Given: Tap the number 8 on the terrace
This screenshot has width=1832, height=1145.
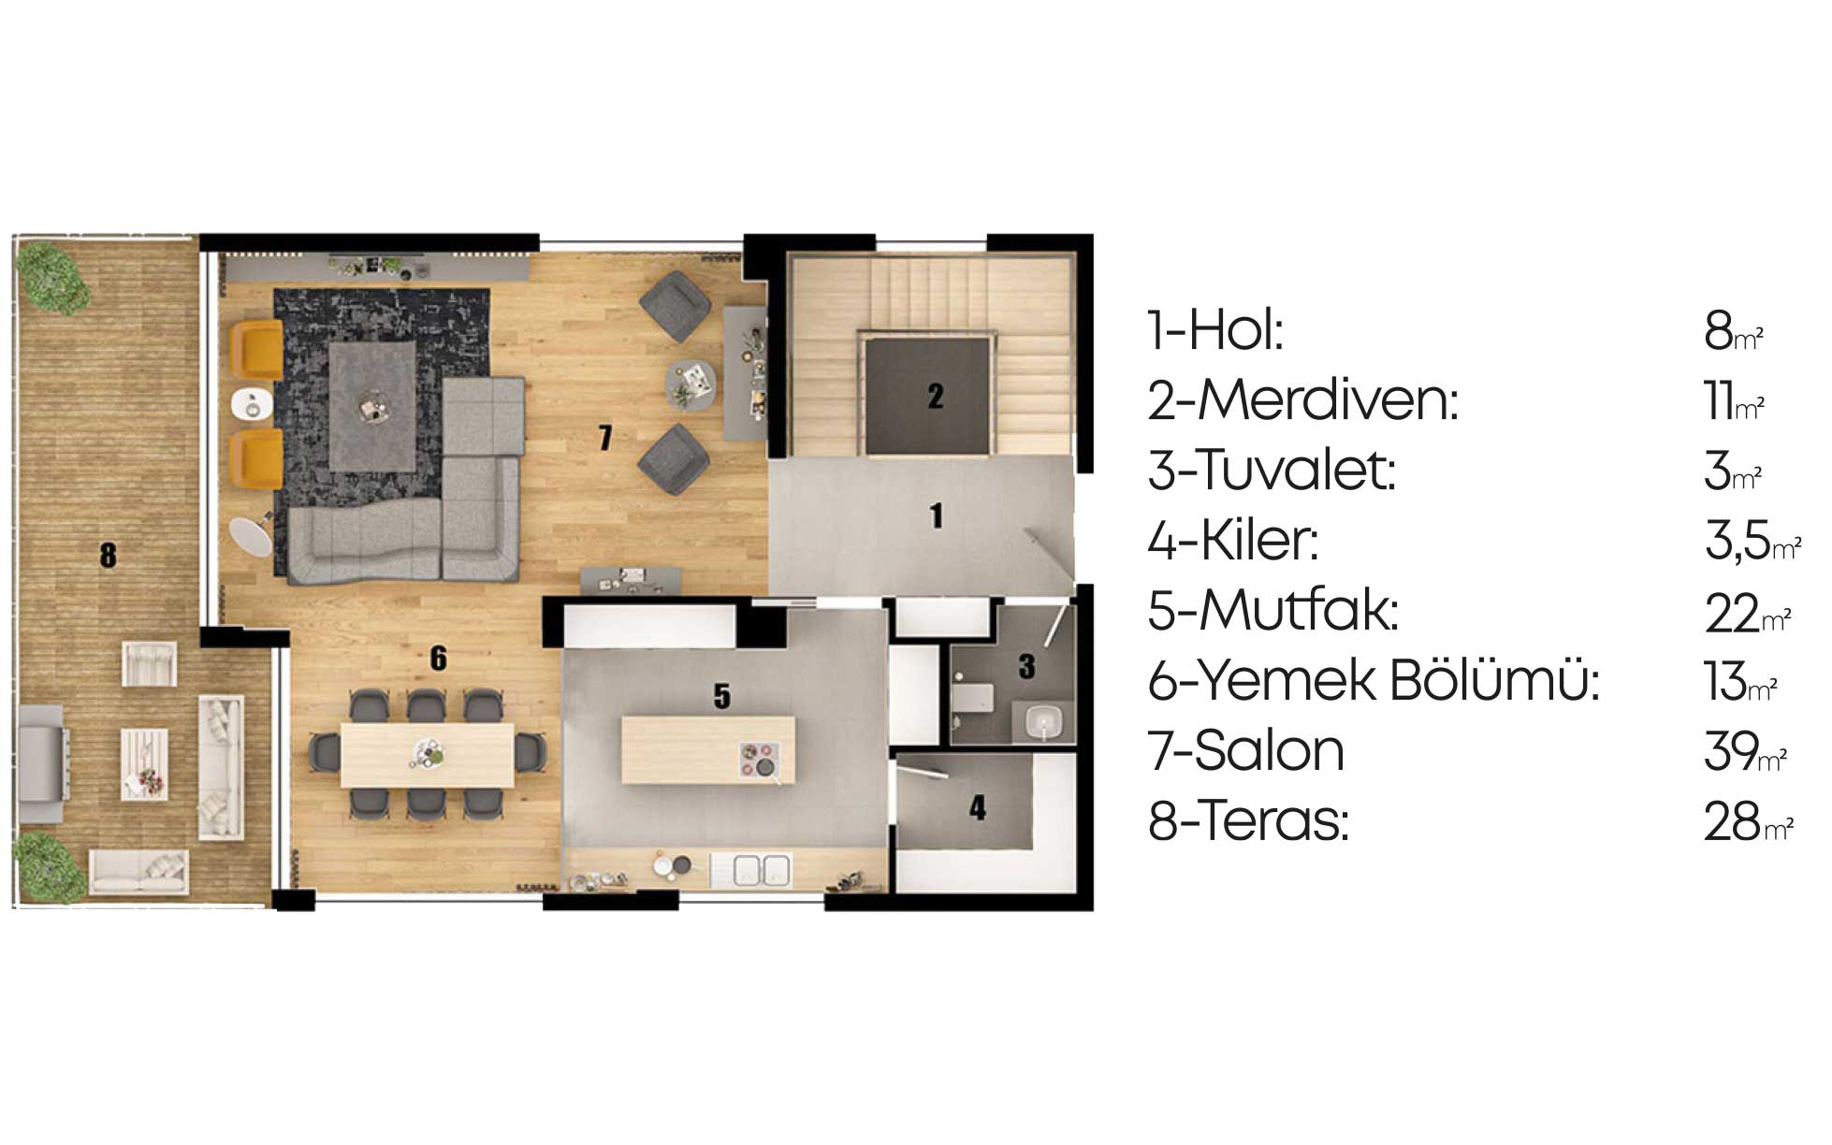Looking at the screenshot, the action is point(109,556).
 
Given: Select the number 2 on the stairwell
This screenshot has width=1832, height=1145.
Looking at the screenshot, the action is point(935,397).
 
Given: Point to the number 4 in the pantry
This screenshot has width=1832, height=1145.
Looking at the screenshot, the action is point(978,807).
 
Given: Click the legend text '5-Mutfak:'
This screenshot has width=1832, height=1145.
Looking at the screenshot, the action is point(1273,611).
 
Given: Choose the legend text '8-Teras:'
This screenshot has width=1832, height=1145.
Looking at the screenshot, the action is point(1248,821).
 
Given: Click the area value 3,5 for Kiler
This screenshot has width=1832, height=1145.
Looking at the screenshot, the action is point(1737,542).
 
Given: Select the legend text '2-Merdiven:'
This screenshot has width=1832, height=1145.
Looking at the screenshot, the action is point(1302,400).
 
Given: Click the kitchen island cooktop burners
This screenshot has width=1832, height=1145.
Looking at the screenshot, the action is point(759,759).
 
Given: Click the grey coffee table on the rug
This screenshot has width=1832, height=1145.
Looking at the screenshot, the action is point(372,406).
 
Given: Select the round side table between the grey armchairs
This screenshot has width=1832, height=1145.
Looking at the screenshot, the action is point(691,384).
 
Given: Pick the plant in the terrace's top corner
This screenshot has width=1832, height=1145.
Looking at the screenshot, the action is point(54,276).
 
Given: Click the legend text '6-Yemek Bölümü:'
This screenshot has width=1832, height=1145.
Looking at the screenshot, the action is point(1374,681).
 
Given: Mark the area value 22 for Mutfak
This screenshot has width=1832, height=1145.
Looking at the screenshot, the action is point(1732,614).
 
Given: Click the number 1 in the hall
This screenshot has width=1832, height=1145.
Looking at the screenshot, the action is point(937,515).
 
